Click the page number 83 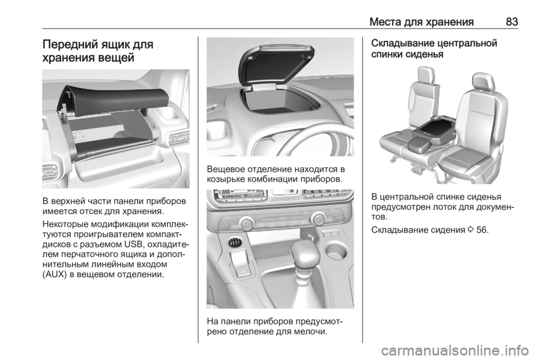pyautogui.click(x=512, y=22)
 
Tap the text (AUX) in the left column pyautogui.click(x=54, y=275)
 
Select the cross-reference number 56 pyautogui.click(x=482, y=229)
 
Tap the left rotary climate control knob pyautogui.click(x=246, y=223)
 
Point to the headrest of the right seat pyautogui.click(x=483, y=82)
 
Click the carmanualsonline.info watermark pyautogui.click(x=453, y=351)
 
